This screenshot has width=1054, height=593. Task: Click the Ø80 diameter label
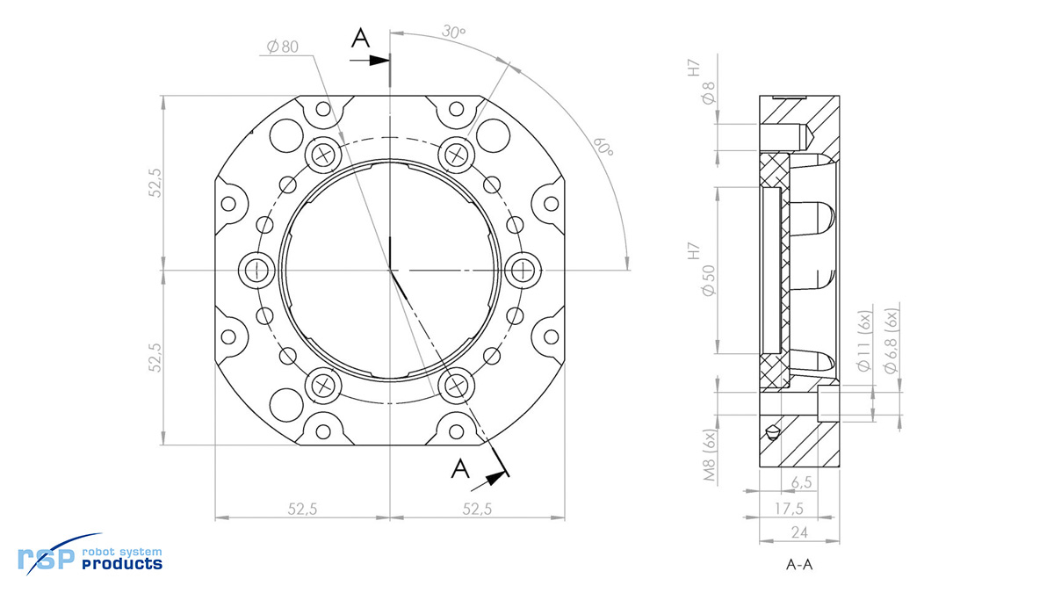coord(282,47)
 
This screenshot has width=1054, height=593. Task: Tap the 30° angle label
coord(453,32)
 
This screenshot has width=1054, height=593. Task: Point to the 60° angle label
coord(603,148)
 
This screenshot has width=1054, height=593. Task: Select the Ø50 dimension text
coord(708,280)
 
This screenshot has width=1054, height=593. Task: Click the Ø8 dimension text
coord(708,93)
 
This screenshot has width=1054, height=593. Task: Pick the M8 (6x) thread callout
coord(710,455)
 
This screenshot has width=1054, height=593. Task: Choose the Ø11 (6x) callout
coord(864,341)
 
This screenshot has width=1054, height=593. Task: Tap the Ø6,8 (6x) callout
coord(891,341)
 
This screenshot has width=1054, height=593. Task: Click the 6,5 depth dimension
coord(801,482)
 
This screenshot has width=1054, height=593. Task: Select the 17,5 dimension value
coord(789,509)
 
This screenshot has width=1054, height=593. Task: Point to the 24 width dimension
coord(799,532)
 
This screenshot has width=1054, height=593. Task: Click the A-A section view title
coord(799,564)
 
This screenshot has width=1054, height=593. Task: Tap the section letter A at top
coord(360,38)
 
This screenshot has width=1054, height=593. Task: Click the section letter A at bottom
coord(460,468)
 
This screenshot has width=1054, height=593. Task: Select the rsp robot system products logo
coord(90,554)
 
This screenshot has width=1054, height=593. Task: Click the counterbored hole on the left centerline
coord(256,271)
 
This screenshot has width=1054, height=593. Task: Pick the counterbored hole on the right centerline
coord(523,271)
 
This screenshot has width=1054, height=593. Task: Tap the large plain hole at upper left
coord(286,135)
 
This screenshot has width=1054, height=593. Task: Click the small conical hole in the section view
coord(772,432)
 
